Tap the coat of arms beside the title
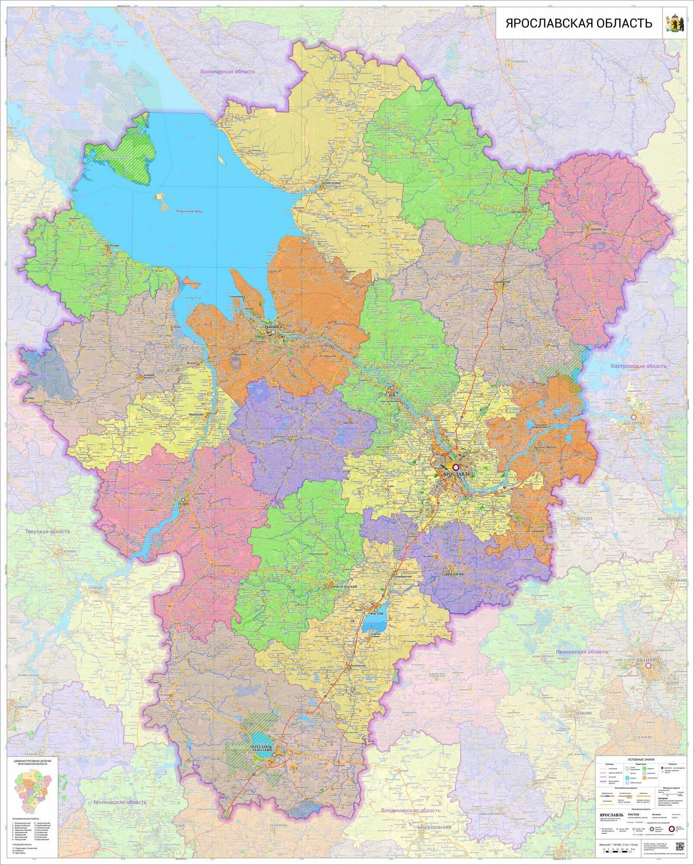pos(674,23)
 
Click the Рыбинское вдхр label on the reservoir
pos(189,211)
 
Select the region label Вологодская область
pos(227,71)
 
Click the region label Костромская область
pos(638,366)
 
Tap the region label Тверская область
pos(48,532)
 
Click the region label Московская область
pos(120,802)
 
